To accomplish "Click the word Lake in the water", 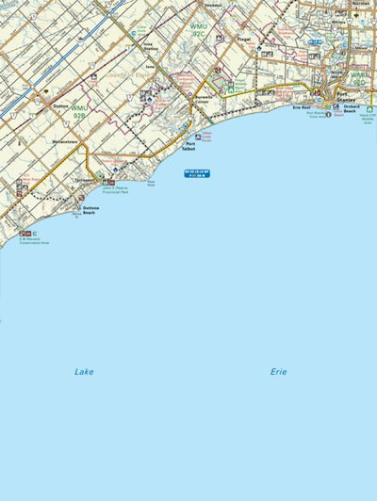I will (84, 372).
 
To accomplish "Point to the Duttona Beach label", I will (90, 210).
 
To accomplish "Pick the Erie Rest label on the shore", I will (302, 108).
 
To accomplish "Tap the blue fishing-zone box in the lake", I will (197, 173).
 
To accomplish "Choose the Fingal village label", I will (244, 40).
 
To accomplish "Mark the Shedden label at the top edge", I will (212, 4).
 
